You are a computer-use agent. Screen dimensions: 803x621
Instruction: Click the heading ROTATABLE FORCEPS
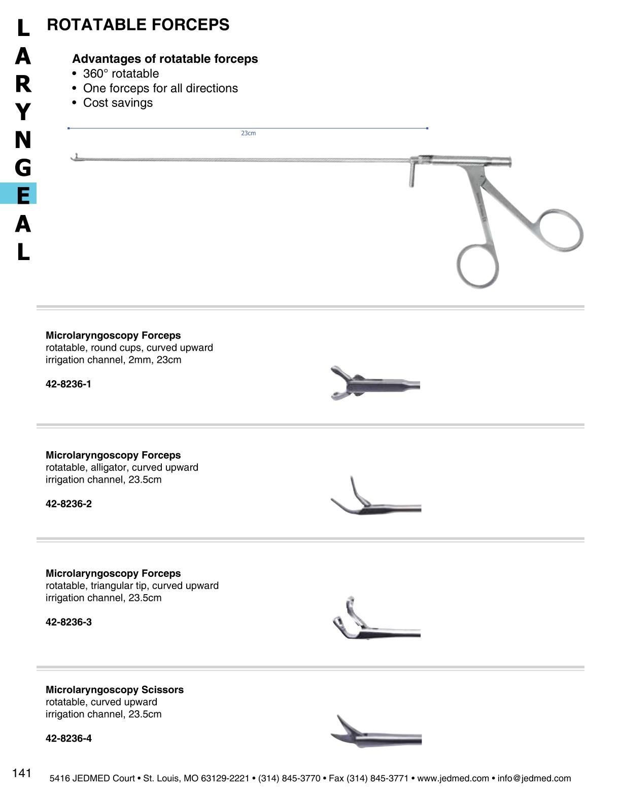[x=138, y=25]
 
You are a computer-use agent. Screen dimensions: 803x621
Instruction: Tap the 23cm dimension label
[x=248, y=133]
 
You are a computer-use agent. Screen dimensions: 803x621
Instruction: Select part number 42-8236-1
[x=68, y=384]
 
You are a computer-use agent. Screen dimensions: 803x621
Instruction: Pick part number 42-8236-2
[x=68, y=504]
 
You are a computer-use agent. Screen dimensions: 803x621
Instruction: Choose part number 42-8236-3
[x=68, y=622]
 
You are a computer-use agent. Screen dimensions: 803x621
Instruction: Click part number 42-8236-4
[x=68, y=739]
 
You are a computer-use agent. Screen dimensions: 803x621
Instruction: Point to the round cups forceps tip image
[x=374, y=383]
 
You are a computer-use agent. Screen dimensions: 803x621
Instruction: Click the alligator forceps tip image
[x=375, y=499]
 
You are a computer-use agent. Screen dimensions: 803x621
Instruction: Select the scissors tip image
[x=375, y=733]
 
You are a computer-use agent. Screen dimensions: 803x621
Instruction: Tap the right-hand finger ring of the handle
[x=561, y=231]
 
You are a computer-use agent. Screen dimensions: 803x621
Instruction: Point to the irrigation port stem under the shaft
[x=411, y=175]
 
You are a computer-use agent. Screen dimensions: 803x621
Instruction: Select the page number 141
[x=22, y=773]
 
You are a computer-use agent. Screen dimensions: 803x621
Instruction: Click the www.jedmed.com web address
[x=453, y=778]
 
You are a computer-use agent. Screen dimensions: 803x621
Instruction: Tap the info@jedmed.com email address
[x=534, y=778]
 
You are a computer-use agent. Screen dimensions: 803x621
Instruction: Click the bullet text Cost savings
[x=118, y=103]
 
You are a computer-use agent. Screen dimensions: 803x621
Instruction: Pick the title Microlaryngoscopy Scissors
[x=115, y=690]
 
